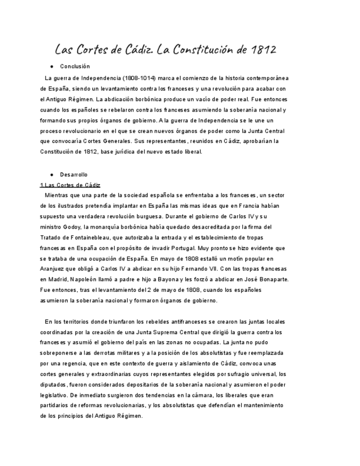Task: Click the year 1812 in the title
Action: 263,50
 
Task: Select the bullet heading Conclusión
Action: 75,66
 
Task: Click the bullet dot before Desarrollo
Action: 52,174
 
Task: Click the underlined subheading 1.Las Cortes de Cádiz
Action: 70,185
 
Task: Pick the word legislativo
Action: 54,395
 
